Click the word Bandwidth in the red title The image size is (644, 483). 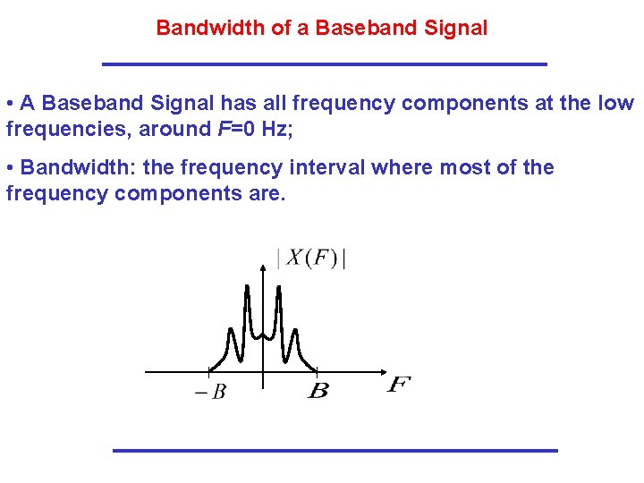210,28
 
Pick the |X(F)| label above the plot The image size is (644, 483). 312,259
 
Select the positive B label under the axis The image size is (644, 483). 318,392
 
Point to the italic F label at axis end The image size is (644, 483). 399,386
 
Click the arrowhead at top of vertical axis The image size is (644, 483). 262,266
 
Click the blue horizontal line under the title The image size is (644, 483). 325,64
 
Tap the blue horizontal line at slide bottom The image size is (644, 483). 335,450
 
